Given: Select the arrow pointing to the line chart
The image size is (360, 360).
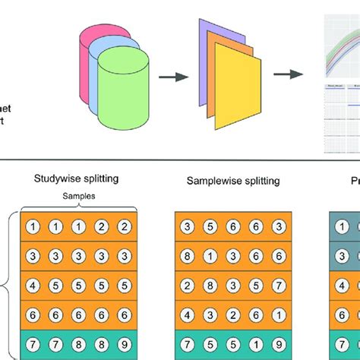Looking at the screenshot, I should (286, 74).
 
